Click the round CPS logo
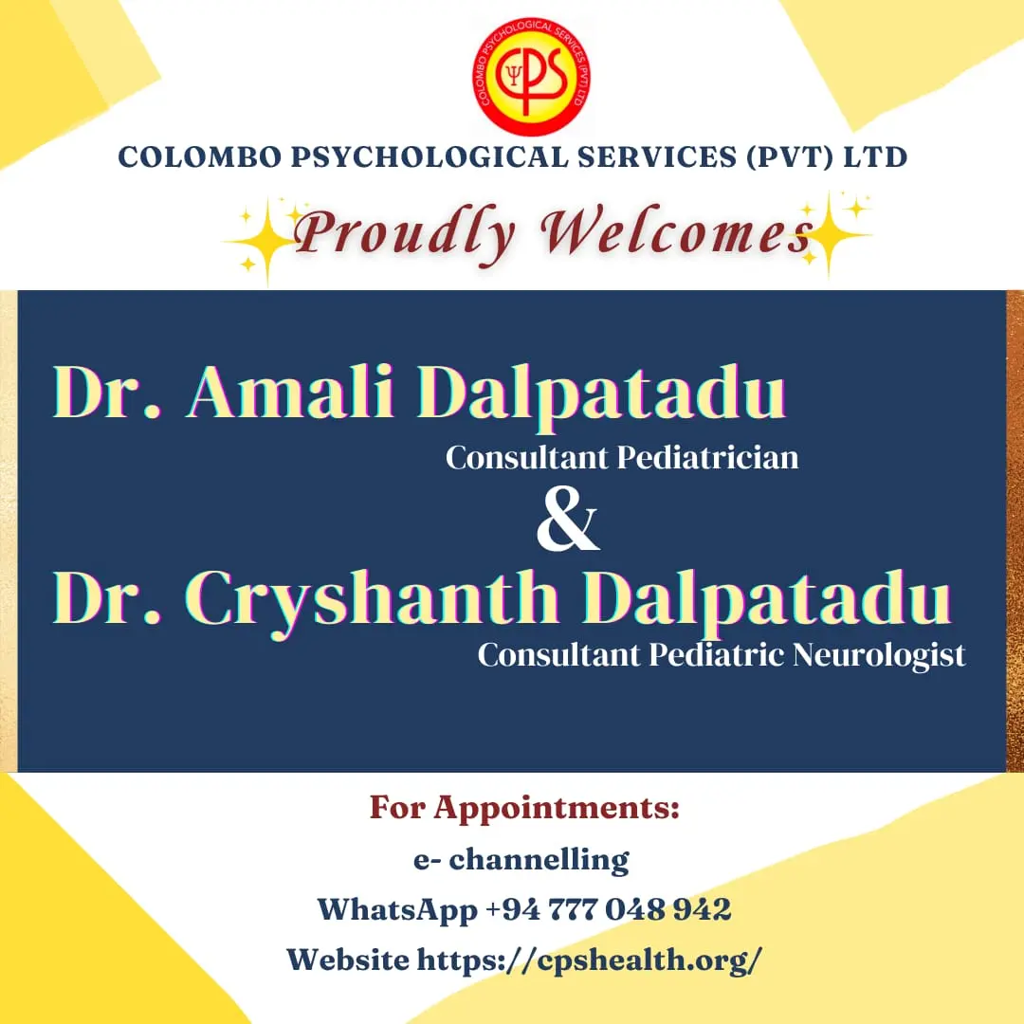[531, 77]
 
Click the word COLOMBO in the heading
[199, 157]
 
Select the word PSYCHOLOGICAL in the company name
[430, 157]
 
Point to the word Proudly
[403, 234]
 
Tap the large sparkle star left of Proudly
[266, 242]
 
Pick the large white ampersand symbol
[567, 520]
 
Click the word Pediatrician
[707, 457]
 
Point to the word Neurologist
[878, 655]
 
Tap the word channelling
[539, 860]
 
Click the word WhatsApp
[397, 910]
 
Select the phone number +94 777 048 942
[608, 909]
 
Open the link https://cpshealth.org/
[589, 960]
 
